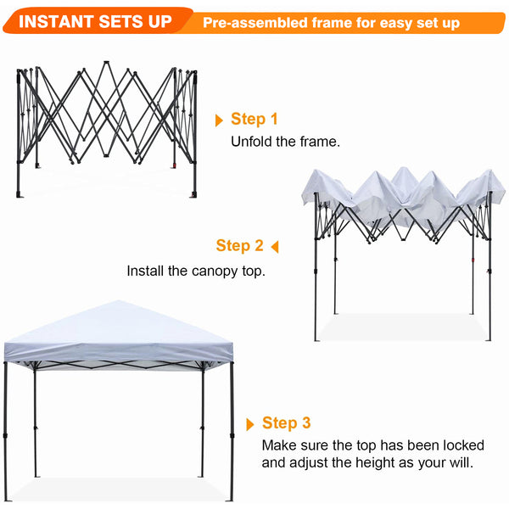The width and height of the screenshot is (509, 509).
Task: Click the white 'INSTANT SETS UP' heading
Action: (94, 20)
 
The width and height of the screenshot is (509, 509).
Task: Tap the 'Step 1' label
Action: (254, 120)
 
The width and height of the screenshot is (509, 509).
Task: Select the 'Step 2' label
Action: (239, 246)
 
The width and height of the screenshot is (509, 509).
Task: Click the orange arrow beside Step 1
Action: (220, 120)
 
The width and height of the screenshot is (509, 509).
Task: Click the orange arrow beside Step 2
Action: (273, 247)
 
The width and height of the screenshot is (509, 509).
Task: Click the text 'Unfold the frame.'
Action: (285, 142)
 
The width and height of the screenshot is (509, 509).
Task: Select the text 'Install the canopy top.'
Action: (196, 271)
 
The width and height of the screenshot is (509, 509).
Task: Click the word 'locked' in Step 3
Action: (464, 445)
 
